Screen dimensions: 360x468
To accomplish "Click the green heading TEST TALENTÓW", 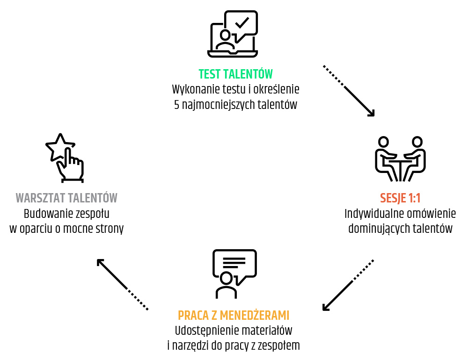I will [x=235, y=74].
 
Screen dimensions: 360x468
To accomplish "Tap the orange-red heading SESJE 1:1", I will [x=400, y=198].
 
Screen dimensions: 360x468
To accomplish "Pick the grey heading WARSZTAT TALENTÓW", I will [x=66, y=198].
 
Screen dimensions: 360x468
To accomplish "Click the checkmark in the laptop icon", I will [x=241, y=22].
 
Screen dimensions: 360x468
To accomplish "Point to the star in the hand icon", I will [x=58, y=146].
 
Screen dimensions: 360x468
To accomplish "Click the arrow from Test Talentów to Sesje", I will [x=349, y=91].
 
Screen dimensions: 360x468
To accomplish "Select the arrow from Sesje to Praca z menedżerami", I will [x=348, y=285].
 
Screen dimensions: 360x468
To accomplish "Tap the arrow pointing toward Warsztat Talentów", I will [x=122, y=284].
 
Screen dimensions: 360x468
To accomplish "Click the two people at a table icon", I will [x=400, y=159].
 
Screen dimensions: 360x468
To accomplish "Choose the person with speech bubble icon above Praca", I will [x=234, y=274].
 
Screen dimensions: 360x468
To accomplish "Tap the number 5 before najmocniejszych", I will [x=177, y=104].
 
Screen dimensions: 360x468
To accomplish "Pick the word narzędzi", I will [x=192, y=346].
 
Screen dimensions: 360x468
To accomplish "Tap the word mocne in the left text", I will [x=82, y=229].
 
